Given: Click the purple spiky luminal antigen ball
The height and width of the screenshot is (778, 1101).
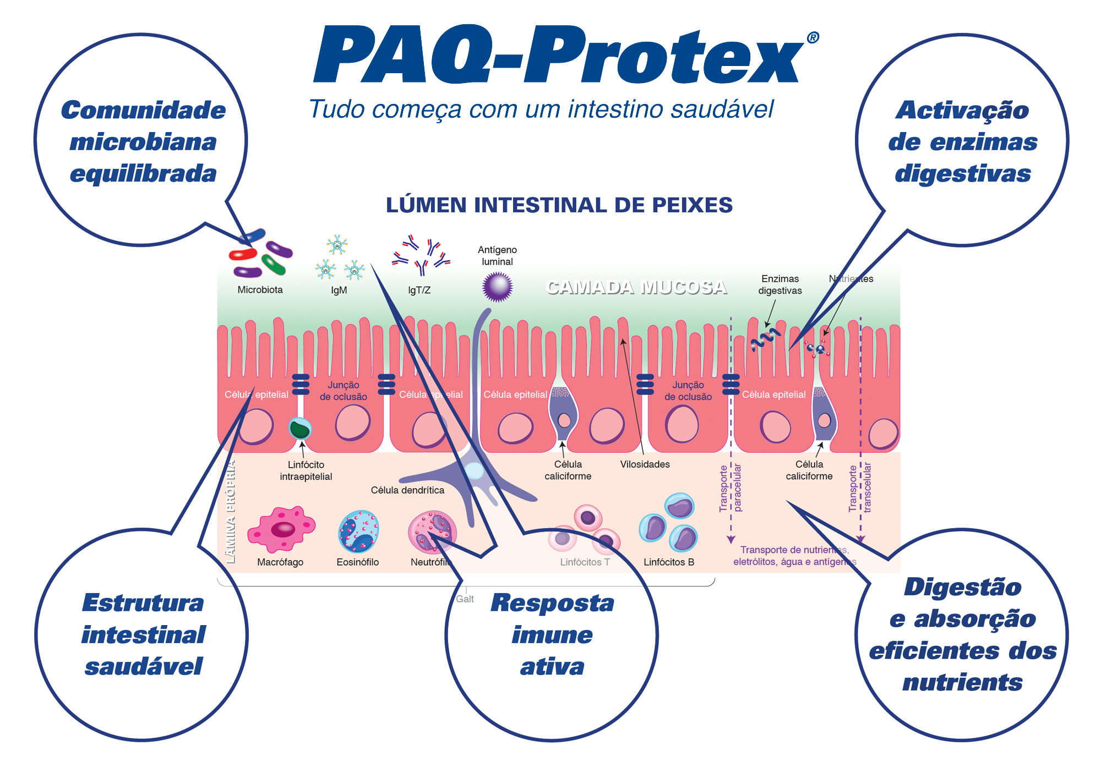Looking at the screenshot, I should tap(497, 287).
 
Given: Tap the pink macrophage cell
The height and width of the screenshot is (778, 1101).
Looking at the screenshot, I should tap(281, 529).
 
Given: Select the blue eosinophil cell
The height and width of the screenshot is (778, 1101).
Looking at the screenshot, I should tap(358, 532).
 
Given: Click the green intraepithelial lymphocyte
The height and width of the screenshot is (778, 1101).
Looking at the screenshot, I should tap(300, 429).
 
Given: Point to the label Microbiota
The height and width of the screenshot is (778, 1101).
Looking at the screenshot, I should tap(260, 290).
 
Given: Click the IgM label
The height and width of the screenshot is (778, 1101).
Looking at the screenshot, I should tap(339, 291).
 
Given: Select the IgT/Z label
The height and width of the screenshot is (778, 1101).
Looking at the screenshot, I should tap(419, 291).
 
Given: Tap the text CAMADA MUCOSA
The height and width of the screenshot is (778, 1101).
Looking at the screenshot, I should tap(636, 287).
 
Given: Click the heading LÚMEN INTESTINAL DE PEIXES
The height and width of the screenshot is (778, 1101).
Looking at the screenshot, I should tap(559, 205).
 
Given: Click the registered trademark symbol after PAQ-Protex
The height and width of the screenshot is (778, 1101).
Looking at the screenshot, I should tap(813, 37).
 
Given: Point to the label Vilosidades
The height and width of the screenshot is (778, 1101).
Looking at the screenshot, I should tap(645, 464).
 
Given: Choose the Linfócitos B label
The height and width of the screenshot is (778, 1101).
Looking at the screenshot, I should tap(669, 562).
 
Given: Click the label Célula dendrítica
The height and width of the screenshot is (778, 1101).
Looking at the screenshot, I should tap(407, 490).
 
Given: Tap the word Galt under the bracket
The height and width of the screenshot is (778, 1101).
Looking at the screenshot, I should tap(465, 599).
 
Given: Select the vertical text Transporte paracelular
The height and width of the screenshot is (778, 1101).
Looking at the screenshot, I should tap(731, 488).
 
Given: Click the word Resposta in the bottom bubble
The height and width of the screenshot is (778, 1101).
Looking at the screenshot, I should tap(552, 603).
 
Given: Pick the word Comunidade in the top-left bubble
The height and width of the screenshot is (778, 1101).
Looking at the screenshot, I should tap(143, 110).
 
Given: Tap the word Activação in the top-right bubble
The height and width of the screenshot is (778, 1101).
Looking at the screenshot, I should tap(962, 110).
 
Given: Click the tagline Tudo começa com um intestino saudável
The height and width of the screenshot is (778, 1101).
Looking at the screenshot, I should tap(541, 109).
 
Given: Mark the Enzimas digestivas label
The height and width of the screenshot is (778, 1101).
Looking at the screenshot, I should tap(780, 285).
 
